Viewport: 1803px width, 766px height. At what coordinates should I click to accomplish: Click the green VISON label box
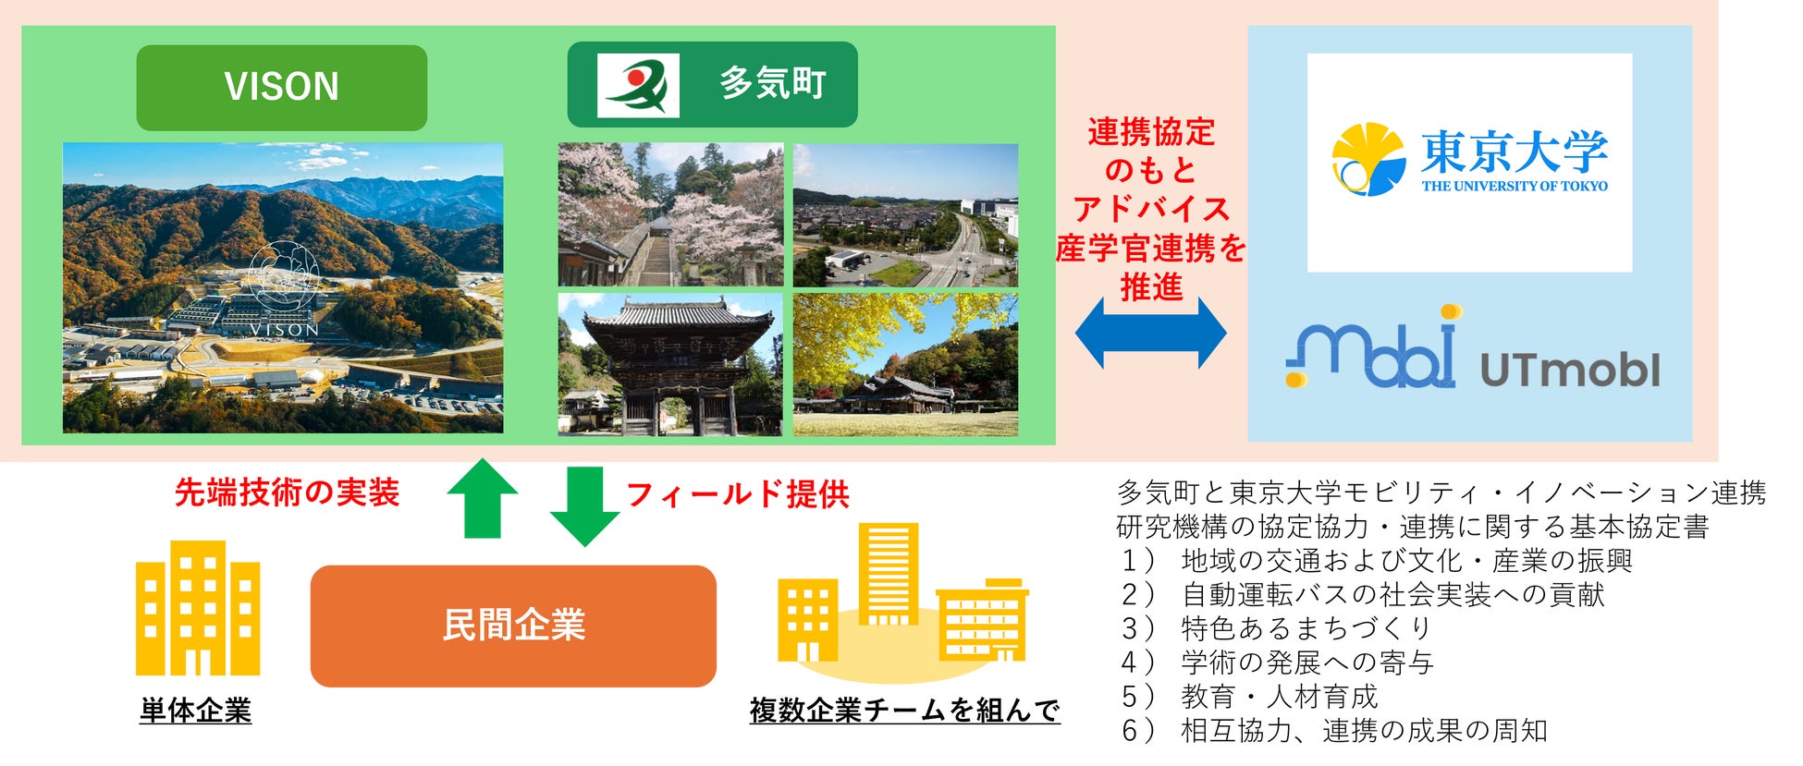point(281,88)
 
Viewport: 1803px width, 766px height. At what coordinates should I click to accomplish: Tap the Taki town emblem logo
point(638,85)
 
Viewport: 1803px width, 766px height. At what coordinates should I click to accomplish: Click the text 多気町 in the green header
point(772,84)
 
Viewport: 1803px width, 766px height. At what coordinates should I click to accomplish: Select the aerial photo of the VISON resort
point(283,287)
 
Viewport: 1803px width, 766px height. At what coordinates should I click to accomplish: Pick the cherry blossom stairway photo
point(670,214)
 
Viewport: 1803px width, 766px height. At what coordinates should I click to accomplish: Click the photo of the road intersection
point(905,214)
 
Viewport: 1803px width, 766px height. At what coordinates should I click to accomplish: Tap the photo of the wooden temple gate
point(670,364)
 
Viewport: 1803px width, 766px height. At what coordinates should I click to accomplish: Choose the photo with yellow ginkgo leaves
point(905,364)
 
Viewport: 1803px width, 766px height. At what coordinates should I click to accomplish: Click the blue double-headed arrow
point(1150,333)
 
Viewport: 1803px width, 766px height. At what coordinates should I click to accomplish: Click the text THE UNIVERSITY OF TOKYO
point(1515,186)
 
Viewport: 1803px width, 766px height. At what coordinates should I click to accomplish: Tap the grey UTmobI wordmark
point(1570,370)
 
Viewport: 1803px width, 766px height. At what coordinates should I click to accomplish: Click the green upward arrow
point(482,498)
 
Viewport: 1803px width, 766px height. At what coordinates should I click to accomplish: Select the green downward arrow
point(584,506)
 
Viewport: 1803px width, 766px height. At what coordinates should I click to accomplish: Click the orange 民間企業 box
point(513,626)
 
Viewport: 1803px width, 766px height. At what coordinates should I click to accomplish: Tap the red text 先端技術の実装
point(287,492)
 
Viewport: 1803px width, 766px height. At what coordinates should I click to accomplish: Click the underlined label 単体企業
point(195,711)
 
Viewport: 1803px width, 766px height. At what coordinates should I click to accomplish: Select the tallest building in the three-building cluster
point(889,575)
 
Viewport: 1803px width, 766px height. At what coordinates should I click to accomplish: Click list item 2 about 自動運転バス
point(1362,594)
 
